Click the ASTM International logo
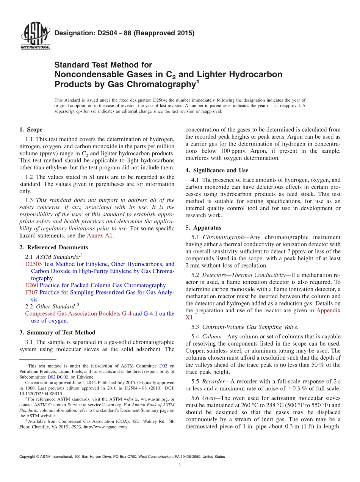35,36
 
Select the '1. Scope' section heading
31,130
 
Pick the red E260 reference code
31,285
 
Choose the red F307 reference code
31,292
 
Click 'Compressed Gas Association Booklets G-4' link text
78,313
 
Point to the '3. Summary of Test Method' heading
57,332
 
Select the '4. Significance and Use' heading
217,170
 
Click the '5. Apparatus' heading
203,228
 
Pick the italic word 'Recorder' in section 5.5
213,381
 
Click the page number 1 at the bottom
180,465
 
